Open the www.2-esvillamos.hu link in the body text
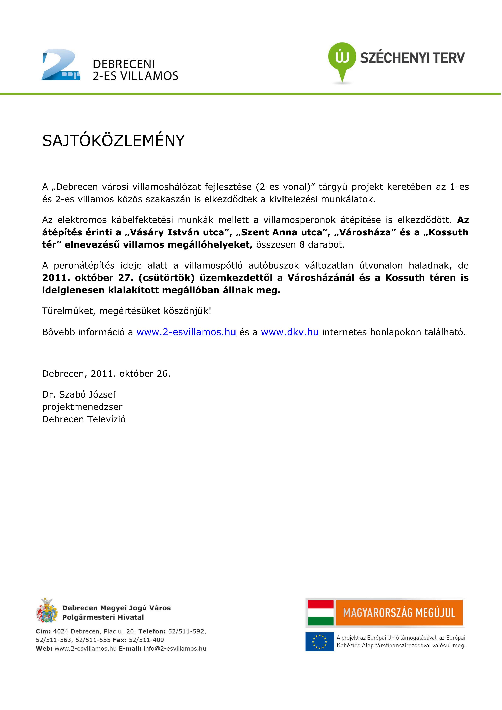pos(186,332)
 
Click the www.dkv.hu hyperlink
pos(290,332)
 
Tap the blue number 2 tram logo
pos(61,65)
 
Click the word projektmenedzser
pos(82,407)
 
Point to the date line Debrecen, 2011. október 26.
pos(106,374)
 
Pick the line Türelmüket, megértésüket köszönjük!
pos(127,311)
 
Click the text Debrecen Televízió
pos(84,419)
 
